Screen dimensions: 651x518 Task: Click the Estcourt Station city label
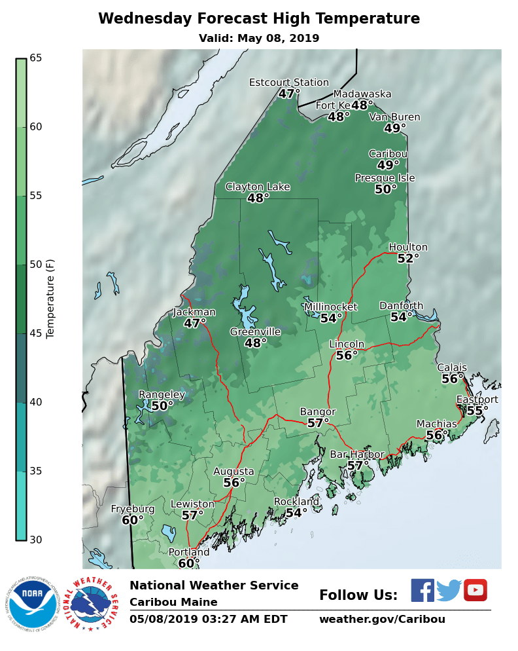point(288,83)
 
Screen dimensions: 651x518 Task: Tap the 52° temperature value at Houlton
point(408,259)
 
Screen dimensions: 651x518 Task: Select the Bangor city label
point(317,411)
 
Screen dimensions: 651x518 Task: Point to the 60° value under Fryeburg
point(133,521)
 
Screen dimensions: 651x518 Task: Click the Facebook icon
point(423,590)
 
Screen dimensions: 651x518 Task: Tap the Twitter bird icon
point(449,590)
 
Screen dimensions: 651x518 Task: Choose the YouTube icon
point(475,590)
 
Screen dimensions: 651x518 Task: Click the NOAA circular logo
point(33,604)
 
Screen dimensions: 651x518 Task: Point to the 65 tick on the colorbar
point(35,58)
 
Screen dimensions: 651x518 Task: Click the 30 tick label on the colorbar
point(35,540)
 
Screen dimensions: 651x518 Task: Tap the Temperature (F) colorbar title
point(51,299)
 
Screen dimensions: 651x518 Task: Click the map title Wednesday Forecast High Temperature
point(259,19)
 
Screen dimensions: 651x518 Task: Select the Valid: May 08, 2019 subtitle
point(259,39)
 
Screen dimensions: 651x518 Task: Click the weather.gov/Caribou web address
point(382,620)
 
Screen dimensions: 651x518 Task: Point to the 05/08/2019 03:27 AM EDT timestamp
point(208,620)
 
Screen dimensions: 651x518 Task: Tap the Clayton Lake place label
point(258,187)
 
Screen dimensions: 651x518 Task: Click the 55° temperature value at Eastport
point(477,411)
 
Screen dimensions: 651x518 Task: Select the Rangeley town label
point(162,395)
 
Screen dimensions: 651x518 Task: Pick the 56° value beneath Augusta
point(234,483)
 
